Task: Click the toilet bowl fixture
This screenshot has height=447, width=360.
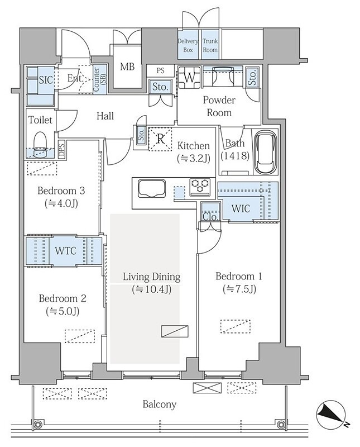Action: click(40, 144)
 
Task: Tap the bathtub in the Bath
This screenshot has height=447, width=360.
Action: click(265, 152)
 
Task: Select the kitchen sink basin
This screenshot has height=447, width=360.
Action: click(151, 188)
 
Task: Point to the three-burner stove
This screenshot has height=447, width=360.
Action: click(200, 187)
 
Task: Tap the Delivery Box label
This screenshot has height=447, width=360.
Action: click(188, 45)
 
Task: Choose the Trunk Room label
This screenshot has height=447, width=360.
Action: click(210, 45)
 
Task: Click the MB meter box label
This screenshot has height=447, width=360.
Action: click(127, 66)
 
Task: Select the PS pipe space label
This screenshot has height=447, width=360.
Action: click(160, 70)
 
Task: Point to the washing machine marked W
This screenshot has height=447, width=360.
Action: click(189, 77)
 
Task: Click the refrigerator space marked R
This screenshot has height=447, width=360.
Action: click(160, 139)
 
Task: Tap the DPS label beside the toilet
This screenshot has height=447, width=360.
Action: click(62, 149)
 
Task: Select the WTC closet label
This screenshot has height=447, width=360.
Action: click(65, 251)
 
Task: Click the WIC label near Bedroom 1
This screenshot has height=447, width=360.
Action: click(241, 208)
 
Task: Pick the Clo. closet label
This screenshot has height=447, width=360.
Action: click(210, 217)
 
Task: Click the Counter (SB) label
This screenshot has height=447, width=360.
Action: click(100, 79)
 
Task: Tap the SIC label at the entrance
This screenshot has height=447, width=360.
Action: click(46, 80)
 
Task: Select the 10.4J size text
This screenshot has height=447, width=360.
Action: click(151, 289)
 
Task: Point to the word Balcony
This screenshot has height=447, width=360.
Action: click(159, 404)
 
